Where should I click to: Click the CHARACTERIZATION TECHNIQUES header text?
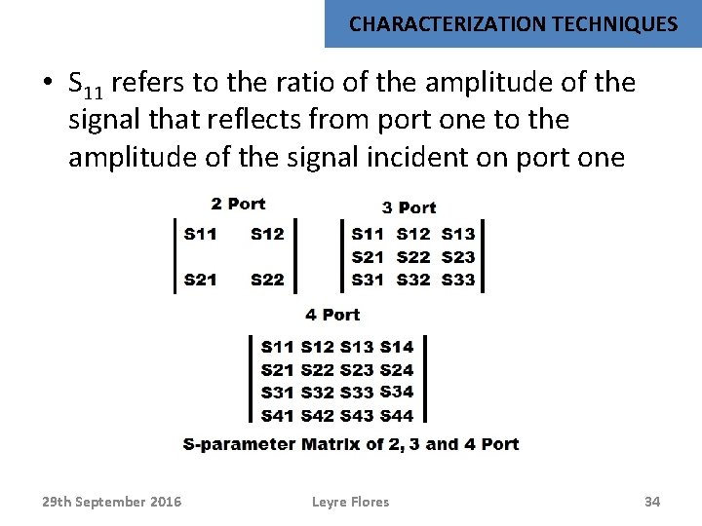pyautogui.click(x=513, y=24)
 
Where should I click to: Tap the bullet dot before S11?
pyautogui.click(x=47, y=84)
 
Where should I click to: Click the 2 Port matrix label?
pyautogui.click(x=238, y=204)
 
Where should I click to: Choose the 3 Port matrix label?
pyautogui.click(x=409, y=207)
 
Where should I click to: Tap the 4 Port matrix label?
pyautogui.click(x=332, y=315)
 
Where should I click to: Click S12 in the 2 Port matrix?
pyautogui.click(x=267, y=234)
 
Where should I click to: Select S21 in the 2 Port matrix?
pyautogui.click(x=201, y=280)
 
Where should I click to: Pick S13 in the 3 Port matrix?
pyautogui.click(x=458, y=234)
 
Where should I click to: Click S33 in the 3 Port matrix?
pyautogui.click(x=458, y=280)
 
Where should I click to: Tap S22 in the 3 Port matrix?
pyautogui.click(x=413, y=257)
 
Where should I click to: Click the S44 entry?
pyautogui.click(x=397, y=416)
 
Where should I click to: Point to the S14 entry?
pyautogui.click(x=397, y=347)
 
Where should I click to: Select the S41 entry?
pyautogui.click(x=278, y=416)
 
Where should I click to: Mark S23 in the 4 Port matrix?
pyautogui.click(x=357, y=370)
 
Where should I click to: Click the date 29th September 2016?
pyautogui.click(x=111, y=502)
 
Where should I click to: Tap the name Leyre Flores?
pyautogui.click(x=350, y=502)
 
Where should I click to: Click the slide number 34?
pyautogui.click(x=652, y=502)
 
